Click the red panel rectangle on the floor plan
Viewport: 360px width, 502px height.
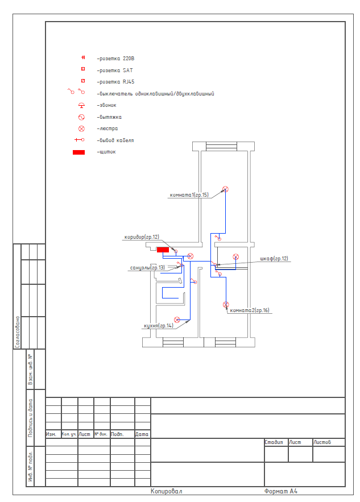163,250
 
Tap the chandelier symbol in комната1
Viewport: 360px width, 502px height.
225,189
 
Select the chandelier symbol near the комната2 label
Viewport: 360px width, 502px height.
226,305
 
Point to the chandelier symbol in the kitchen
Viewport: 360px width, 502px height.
177,320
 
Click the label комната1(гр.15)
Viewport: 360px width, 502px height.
189,194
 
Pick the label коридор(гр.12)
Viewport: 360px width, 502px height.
142,237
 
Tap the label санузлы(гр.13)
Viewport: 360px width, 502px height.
147,267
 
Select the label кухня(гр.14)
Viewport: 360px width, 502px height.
159,326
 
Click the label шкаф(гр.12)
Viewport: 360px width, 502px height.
274,258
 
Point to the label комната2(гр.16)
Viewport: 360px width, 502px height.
250,310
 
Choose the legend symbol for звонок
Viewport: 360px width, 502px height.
82,105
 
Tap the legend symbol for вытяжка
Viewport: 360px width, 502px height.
82,117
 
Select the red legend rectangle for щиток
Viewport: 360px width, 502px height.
79,152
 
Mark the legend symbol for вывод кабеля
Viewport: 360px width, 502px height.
80,140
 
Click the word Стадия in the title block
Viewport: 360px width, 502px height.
274,442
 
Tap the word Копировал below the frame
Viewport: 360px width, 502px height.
166,491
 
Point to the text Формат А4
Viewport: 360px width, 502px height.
281,491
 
